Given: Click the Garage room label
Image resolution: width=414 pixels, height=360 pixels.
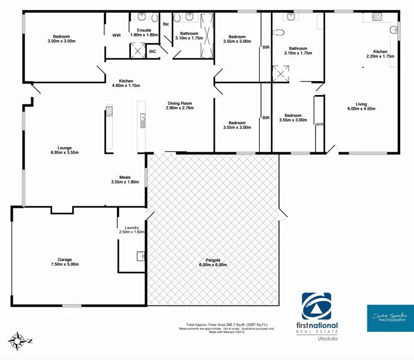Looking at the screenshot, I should tap(64, 261).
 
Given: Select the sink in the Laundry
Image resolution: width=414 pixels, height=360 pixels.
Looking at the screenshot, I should tap(141, 256).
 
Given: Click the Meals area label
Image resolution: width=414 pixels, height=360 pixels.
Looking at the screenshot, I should tap(125, 179).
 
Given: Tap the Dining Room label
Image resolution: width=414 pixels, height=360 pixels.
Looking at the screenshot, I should tap(181, 105).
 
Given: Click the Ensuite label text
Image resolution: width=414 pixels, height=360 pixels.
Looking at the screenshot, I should tap(144, 32).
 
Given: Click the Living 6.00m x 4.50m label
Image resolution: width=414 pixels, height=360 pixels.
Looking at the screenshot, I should tap(360, 106).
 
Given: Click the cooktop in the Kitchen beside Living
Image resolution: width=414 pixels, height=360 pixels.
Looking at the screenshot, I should tap(377, 17).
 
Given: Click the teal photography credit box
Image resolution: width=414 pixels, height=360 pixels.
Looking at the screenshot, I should tap(388, 318).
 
